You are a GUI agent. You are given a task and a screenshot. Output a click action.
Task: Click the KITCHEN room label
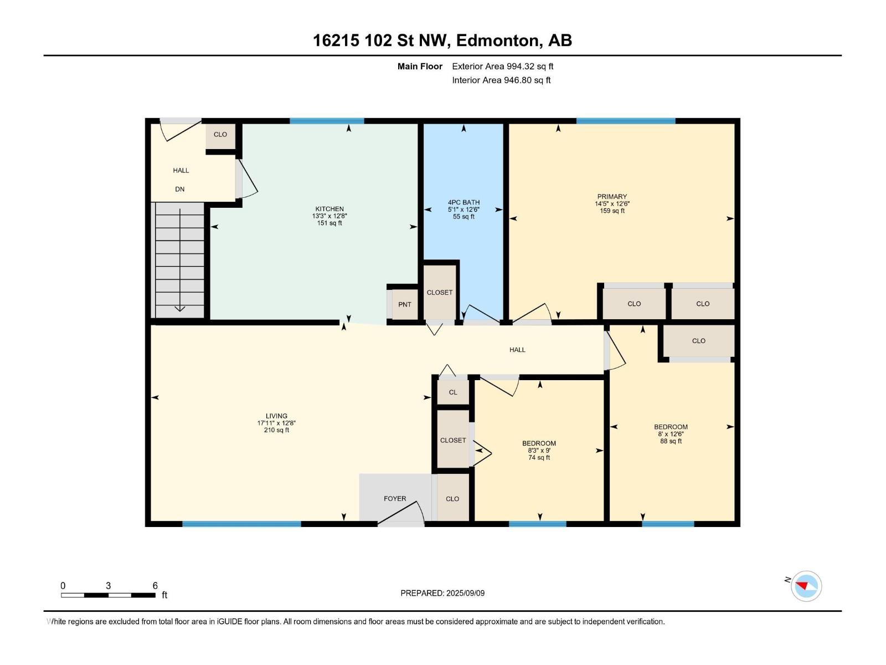pyautogui.click(x=329, y=209)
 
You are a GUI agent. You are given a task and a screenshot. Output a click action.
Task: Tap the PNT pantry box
pyautogui.click(x=405, y=304)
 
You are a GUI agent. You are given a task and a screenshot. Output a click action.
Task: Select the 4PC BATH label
pyautogui.click(x=463, y=202)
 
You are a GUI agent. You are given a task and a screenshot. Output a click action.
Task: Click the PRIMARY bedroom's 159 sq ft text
pyautogui.click(x=612, y=211)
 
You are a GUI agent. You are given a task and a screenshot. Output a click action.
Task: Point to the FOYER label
pyautogui.click(x=395, y=498)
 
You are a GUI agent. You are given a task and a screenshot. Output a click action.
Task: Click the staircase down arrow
pyautogui.click(x=179, y=308)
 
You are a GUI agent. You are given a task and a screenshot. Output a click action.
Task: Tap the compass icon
pyautogui.click(x=806, y=586)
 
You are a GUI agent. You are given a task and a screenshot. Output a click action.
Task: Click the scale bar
pyautogui.click(x=108, y=595)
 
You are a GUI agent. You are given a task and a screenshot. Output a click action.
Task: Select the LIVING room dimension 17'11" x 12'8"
pyautogui.click(x=276, y=423)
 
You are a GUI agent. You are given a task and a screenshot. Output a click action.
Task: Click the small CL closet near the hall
pyautogui.click(x=453, y=392)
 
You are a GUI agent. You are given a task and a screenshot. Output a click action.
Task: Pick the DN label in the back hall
pyautogui.click(x=180, y=189)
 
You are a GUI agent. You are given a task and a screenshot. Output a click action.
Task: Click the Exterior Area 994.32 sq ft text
pyautogui.click(x=502, y=66)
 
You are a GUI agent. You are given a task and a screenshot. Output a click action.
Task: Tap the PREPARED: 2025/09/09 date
pyautogui.click(x=442, y=593)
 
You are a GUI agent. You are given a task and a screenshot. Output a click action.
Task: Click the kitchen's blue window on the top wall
pyautogui.click(x=327, y=121)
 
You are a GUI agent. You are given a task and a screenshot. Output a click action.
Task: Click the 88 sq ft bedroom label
pyautogui.click(x=671, y=441)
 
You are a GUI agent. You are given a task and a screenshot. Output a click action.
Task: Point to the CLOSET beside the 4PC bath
pyautogui.click(x=440, y=292)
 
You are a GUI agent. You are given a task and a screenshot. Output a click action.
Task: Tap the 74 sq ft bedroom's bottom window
pyautogui.click(x=537, y=524)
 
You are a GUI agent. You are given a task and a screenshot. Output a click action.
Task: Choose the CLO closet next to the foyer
pyautogui.click(x=452, y=498)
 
